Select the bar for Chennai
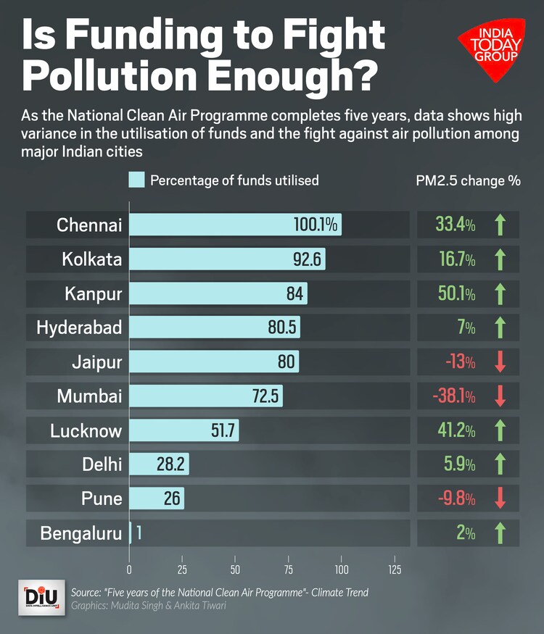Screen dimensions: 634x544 (x=234, y=225)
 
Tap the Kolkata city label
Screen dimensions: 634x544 (x=91, y=259)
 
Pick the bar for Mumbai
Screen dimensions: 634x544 (x=205, y=396)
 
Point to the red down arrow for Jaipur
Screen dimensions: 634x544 (x=500, y=362)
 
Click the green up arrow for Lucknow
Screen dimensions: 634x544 (x=500, y=430)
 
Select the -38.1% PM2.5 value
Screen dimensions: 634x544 (x=453, y=396)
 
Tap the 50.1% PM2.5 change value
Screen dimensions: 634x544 (x=455, y=293)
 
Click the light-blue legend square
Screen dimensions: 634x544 (x=136, y=180)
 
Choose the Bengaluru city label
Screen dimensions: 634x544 (x=81, y=534)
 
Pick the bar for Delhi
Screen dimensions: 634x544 (x=159, y=464)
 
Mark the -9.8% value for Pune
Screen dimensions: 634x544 (x=455, y=499)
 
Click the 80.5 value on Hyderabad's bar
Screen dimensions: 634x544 (x=282, y=328)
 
